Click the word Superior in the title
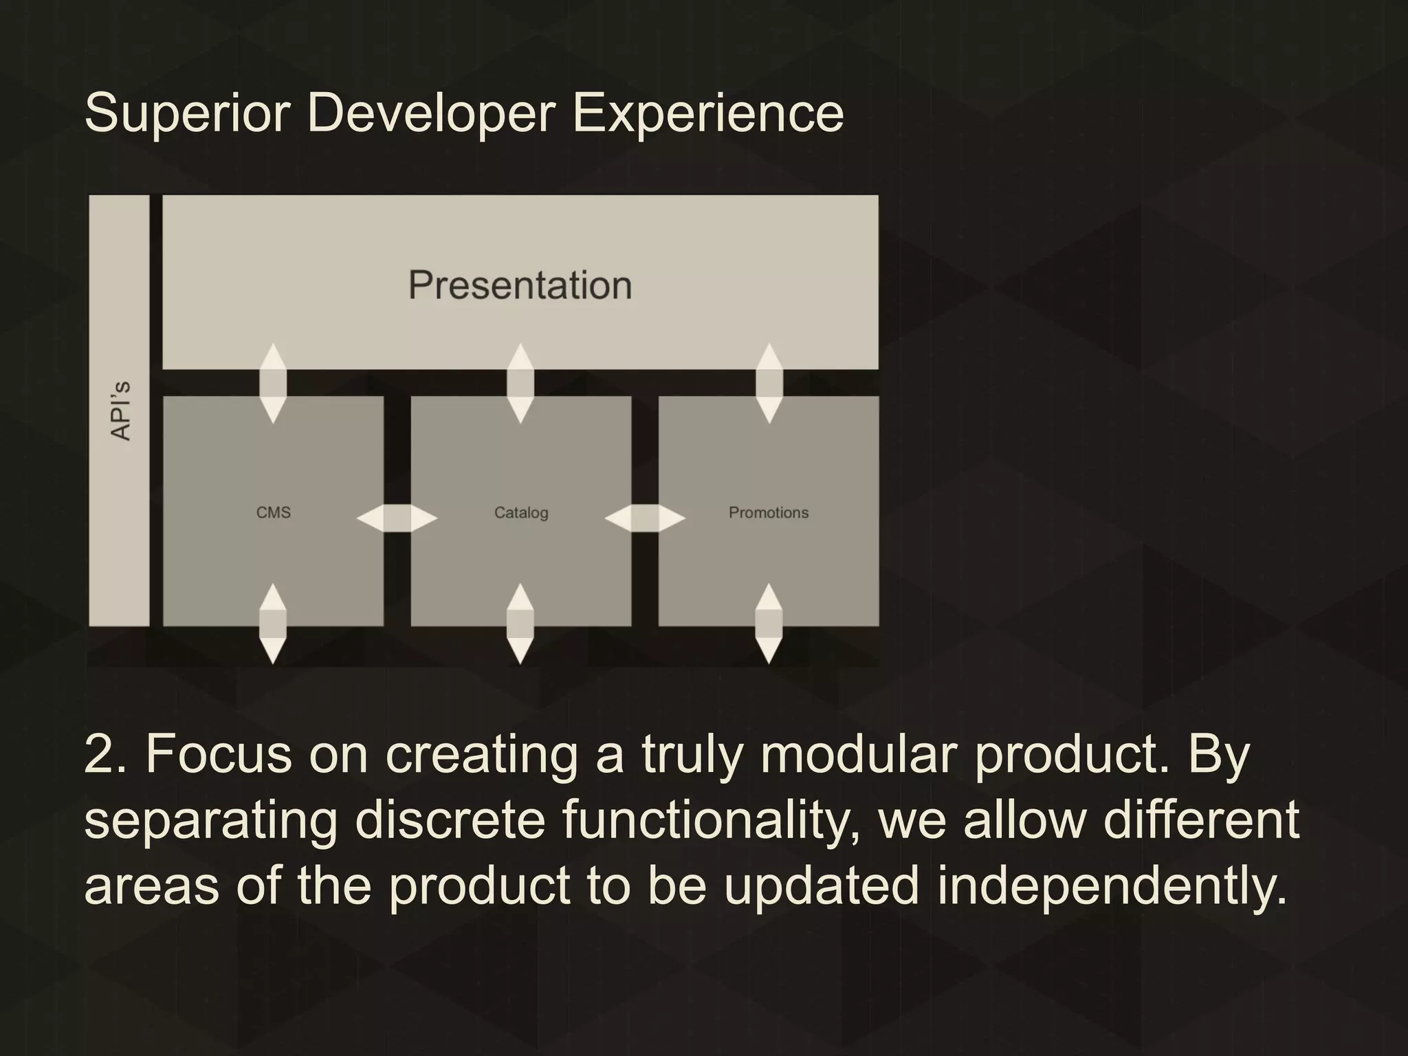tap(186, 113)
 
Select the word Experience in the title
tap(707, 113)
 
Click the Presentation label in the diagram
tap(520, 285)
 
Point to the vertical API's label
tap(120, 410)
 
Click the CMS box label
tap(273, 513)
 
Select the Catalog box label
tap(521, 513)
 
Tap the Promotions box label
tap(768, 513)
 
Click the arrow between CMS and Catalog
tap(397, 518)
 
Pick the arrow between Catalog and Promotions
tap(645, 518)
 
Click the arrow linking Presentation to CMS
tap(273, 383)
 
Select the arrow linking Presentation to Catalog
tap(520, 383)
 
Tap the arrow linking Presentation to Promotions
tap(769, 383)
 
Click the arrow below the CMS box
tap(273, 624)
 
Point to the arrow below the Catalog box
tap(520, 624)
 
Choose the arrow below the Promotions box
tap(769, 624)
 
